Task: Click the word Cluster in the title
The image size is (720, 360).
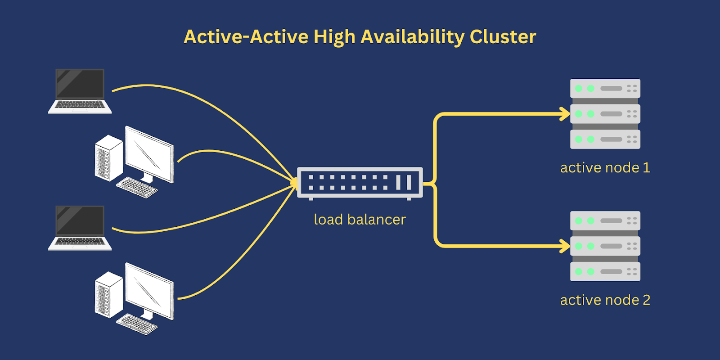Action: pos(503,37)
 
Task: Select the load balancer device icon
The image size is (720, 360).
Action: pos(360,183)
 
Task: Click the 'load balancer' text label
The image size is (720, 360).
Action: pos(360,220)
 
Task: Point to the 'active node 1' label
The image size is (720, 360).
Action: pos(605,168)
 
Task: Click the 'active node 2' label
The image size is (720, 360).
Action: pos(605,300)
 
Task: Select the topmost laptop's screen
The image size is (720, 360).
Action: pos(80,84)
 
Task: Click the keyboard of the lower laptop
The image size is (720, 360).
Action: pos(80,242)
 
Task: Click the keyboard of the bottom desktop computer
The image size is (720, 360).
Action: pos(137,324)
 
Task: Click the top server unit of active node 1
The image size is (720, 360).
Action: pos(605,88)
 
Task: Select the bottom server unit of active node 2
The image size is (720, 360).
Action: pos(605,271)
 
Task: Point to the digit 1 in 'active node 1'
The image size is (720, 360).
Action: pos(646,168)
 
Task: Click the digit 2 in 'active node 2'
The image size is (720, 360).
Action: pos(646,300)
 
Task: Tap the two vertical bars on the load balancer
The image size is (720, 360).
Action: pos(404,183)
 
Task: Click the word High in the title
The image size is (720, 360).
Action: pos(334,37)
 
